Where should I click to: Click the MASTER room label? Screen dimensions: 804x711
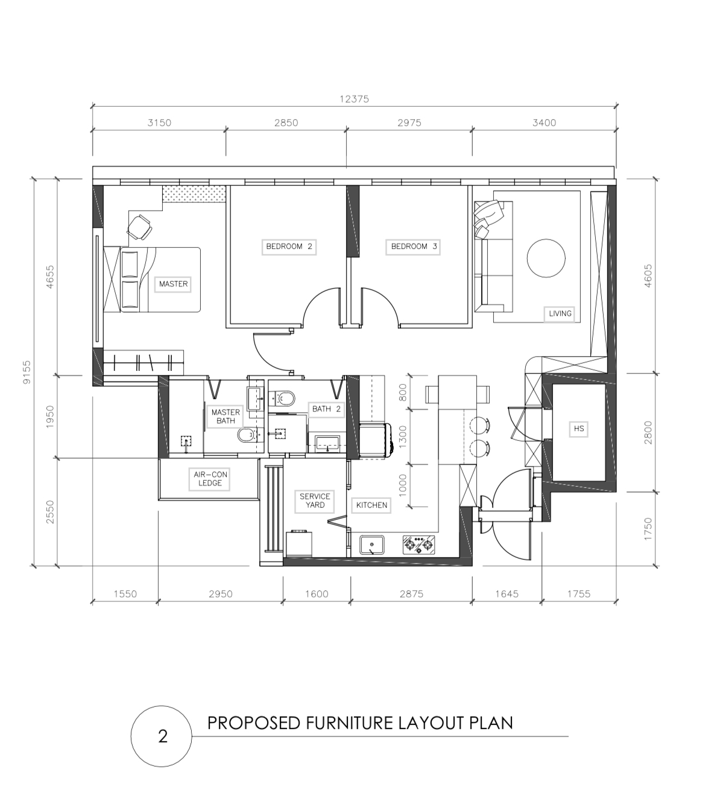(x=173, y=283)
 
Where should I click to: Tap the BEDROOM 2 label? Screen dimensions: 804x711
(x=289, y=246)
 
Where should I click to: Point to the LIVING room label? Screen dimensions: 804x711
(x=560, y=314)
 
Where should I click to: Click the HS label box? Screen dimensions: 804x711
(x=578, y=429)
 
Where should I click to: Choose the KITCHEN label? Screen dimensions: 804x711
(x=371, y=505)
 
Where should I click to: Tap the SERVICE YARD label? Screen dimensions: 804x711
(x=315, y=501)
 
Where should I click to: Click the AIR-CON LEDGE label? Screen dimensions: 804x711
(x=210, y=479)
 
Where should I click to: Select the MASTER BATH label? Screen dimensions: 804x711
(x=226, y=416)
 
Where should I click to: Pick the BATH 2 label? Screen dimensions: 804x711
(x=326, y=409)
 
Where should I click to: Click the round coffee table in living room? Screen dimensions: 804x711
(x=546, y=258)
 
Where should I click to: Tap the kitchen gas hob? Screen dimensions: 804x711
(x=419, y=545)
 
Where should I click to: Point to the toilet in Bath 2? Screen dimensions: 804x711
(x=283, y=398)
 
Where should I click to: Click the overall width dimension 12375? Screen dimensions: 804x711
(x=354, y=99)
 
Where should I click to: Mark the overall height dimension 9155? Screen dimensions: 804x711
(x=27, y=372)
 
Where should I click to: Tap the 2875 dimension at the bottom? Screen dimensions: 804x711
(x=411, y=594)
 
